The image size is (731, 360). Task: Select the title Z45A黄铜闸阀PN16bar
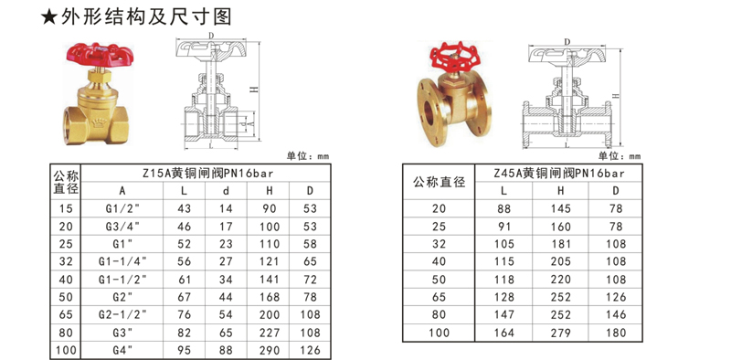point(557,171)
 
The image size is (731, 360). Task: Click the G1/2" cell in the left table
point(123,208)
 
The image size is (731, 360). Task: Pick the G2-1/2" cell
point(123,312)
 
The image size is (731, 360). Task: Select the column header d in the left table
point(227,191)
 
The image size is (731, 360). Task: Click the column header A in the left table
point(122,191)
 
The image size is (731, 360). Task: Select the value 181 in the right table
point(561,243)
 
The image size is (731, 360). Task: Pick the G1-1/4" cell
point(123,260)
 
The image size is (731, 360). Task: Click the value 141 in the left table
point(270,278)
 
